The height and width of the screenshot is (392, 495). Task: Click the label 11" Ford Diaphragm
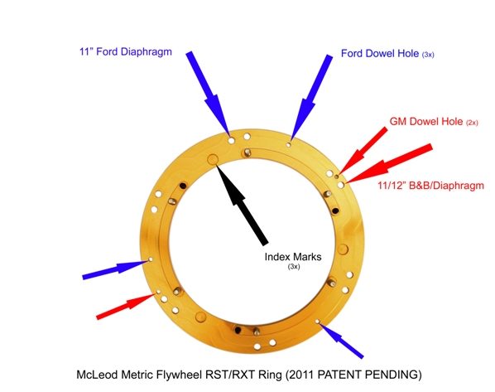pyautogui.click(x=126, y=51)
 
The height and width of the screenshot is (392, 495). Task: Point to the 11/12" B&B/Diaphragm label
pyautogui.click(x=431, y=186)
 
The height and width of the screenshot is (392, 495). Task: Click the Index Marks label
pyautogui.click(x=293, y=256)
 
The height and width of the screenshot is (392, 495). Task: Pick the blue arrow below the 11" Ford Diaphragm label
pyautogui.click(x=208, y=94)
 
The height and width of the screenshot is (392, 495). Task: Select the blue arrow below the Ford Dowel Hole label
pyautogui.click(x=311, y=97)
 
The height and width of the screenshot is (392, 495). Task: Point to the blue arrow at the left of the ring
pyautogui.click(x=115, y=269)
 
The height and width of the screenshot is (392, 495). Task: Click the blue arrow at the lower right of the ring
pyautogui.click(x=341, y=340)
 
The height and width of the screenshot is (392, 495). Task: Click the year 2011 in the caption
pyautogui.click(x=302, y=375)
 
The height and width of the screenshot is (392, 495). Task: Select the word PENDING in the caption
pyautogui.click(x=393, y=375)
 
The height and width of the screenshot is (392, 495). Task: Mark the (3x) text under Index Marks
pyautogui.click(x=294, y=267)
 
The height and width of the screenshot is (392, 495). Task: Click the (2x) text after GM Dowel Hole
pyautogui.click(x=472, y=123)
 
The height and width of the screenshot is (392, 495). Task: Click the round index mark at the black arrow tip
pyautogui.click(x=213, y=159)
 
